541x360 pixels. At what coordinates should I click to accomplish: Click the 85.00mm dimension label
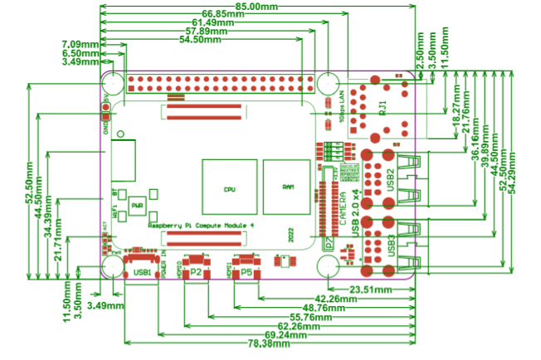pos(256,6)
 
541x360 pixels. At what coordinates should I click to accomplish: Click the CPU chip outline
pos(228,188)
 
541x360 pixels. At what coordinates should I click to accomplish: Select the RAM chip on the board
pos(288,186)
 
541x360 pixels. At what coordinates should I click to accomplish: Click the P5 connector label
pos(247,271)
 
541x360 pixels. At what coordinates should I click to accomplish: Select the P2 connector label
pos(196,271)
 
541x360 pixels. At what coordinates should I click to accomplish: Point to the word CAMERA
pos(341,211)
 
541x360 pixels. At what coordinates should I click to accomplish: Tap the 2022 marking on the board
pos(290,235)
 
